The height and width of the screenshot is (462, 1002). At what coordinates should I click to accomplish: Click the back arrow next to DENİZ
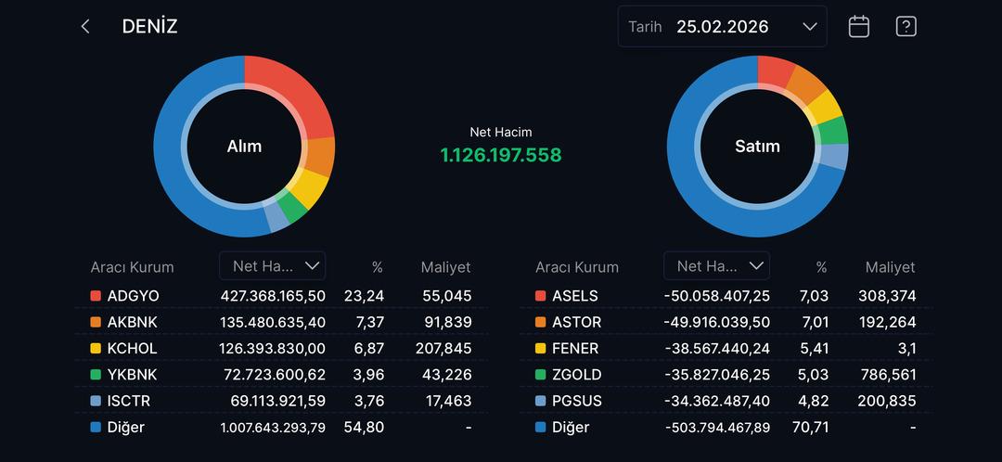pyautogui.click(x=85, y=27)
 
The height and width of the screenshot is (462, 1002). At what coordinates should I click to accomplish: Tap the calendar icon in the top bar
pyautogui.click(x=859, y=27)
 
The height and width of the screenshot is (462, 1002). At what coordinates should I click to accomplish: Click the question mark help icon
pyautogui.click(x=906, y=27)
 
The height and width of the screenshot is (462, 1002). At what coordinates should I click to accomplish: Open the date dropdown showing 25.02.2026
pyautogui.click(x=722, y=27)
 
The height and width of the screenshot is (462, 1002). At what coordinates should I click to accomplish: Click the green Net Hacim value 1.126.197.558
pyautogui.click(x=501, y=155)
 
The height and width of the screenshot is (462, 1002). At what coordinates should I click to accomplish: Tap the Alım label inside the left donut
pyautogui.click(x=244, y=146)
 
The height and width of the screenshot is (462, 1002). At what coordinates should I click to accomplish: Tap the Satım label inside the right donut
pyautogui.click(x=757, y=146)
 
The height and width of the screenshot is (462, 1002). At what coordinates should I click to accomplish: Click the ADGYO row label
pyautogui.click(x=133, y=296)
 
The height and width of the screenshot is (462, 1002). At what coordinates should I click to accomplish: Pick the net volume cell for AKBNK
pyautogui.click(x=273, y=322)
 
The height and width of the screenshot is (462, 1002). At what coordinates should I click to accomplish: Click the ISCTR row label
pyautogui.click(x=128, y=401)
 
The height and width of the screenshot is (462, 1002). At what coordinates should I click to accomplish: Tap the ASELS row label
pyautogui.click(x=574, y=296)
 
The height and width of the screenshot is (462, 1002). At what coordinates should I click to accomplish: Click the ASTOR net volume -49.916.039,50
pyautogui.click(x=717, y=322)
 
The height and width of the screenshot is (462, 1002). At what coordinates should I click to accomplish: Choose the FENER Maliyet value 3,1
pyautogui.click(x=906, y=349)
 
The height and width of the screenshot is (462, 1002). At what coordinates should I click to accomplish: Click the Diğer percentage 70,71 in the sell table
pyautogui.click(x=811, y=428)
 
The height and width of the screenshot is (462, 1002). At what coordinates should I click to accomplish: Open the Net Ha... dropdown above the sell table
pyautogui.click(x=716, y=266)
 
